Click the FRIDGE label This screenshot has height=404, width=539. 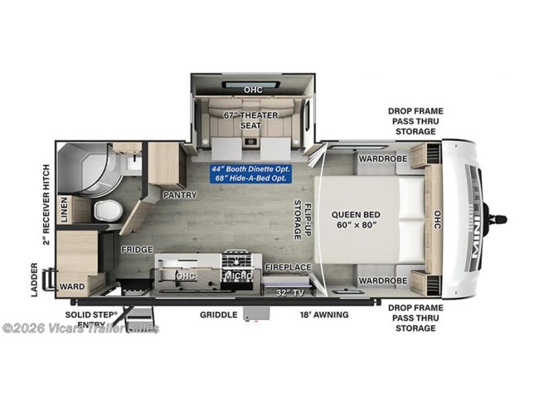135,249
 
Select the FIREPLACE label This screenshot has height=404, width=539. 288,268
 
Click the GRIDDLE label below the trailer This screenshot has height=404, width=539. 219,315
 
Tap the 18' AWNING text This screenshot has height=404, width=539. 323,315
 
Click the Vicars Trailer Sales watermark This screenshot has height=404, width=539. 80,328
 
